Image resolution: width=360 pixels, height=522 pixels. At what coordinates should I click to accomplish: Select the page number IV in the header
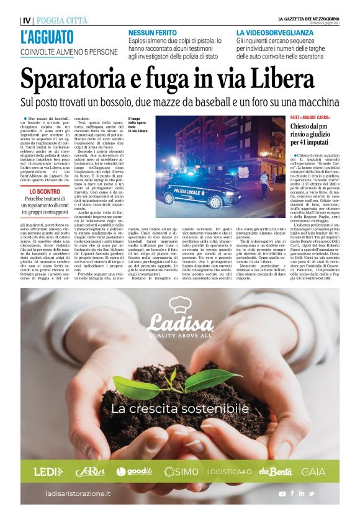[25, 20]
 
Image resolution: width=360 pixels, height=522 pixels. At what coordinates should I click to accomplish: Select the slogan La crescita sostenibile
[180, 409]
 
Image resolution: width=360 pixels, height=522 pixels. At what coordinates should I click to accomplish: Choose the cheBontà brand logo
[276, 471]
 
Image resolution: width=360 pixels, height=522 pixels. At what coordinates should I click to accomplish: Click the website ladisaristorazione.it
[78, 493]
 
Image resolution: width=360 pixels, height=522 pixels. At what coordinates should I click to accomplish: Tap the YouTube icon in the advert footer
[282, 493]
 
